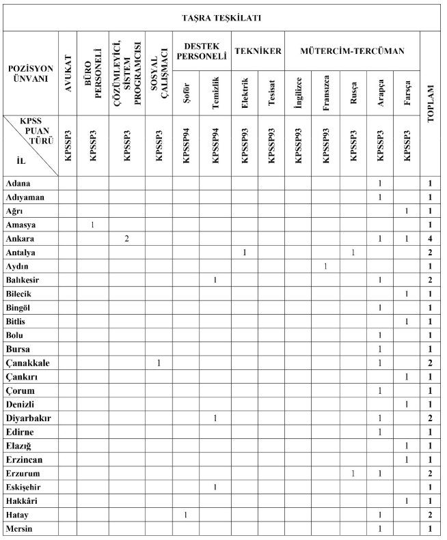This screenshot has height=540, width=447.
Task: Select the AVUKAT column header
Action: click(x=67, y=74)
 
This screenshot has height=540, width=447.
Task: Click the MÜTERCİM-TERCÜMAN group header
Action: click(x=351, y=51)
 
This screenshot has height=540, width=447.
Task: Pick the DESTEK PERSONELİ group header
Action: click(x=201, y=51)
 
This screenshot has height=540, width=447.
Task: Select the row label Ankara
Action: click(x=21, y=239)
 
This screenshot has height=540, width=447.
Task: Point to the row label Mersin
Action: click(x=21, y=528)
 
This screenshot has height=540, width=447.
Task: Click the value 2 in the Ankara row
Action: click(x=127, y=239)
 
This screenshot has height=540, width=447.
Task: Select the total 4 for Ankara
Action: click(x=431, y=239)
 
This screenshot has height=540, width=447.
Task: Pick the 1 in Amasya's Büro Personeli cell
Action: click(x=92, y=225)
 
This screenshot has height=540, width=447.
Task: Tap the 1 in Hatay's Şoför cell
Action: click(x=186, y=514)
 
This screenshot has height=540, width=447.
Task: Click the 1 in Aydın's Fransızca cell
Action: click(x=326, y=266)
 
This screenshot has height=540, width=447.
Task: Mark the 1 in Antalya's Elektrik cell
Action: click(x=244, y=253)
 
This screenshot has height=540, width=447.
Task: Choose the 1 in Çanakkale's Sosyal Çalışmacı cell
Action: click(x=159, y=363)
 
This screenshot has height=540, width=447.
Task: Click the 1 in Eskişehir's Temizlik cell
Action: click(x=215, y=487)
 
